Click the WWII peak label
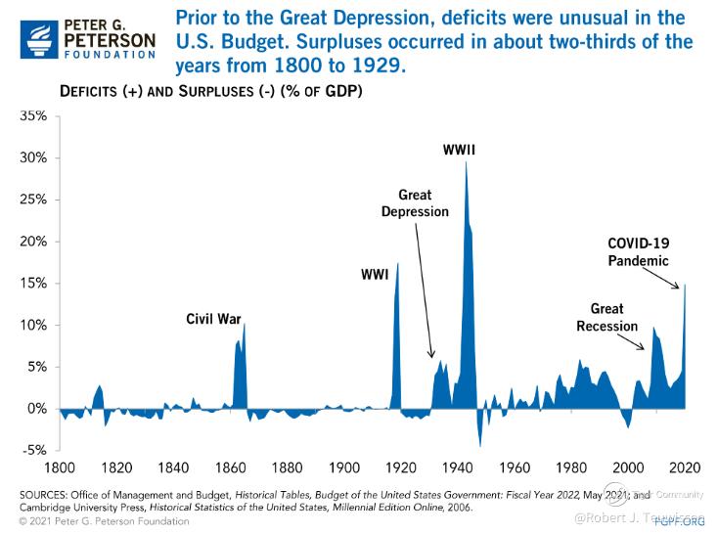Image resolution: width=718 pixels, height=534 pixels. coord(459,150)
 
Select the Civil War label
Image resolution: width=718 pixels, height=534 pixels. coord(213,319)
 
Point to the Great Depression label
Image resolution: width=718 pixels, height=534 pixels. coord(415,203)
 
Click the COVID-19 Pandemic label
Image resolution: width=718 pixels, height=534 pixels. coord(638,251)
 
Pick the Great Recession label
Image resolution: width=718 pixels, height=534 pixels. coord(606,317)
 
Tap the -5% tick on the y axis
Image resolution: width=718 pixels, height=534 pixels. coord(34,451)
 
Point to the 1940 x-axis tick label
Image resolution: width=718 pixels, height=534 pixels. coord(458,467)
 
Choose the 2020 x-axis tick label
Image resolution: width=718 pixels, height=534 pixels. coord(685,467)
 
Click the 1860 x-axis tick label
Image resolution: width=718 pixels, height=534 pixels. coord(230,467)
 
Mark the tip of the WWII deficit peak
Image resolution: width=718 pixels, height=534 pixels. coord(465,162)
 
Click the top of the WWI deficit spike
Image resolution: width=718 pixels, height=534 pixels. coord(397,263)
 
